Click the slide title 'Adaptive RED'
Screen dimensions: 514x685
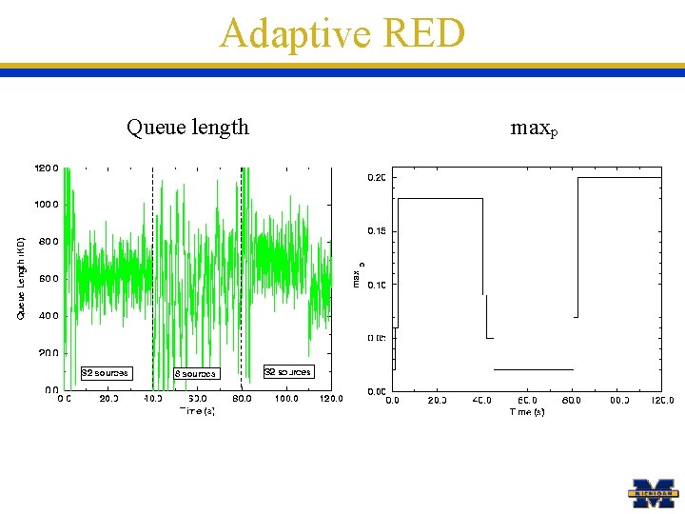coord(342,33)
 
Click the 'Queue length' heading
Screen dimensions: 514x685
coord(187,127)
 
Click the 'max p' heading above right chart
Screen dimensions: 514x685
coord(534,128)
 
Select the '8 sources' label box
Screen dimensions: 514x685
coord(195,373)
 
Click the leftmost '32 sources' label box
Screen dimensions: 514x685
coord(105,372)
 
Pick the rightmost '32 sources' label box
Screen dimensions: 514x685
coord(287,371)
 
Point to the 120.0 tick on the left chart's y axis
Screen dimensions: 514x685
coord(48,168)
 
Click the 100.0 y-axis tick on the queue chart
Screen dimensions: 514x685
coord(48,205)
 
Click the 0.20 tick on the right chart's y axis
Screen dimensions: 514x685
coord(377,177)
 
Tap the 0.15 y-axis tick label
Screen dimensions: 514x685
coord(377,230)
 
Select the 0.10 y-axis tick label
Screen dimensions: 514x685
coord(377,285)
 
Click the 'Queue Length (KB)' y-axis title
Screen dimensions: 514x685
coord(22,278)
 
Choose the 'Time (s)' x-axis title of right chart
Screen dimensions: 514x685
coord(526,412)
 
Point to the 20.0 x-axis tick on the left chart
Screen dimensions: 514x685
coord(108,400)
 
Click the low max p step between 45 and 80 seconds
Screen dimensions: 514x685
coord(533,369)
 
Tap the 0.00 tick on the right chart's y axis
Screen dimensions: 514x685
coord(377,391)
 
